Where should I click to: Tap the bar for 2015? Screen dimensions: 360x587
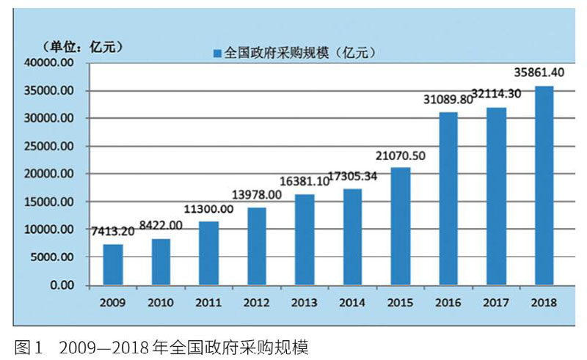click(x=401, y=226)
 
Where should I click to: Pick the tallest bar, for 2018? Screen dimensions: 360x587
click(x=544, y=185)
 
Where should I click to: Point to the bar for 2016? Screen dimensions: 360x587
click(x=448, y=198)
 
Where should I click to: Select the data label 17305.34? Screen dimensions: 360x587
click(x=357, y=176)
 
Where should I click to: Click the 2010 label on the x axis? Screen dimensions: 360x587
click(x=161, y=302)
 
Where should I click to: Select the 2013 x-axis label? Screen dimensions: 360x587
click(x=305, y=302)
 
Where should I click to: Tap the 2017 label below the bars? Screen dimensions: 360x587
click(x=496, y=302)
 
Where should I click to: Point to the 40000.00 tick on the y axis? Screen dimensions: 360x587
click(x=50, y=63)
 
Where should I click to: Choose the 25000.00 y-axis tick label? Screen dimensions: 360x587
click(x=50, y=147)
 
